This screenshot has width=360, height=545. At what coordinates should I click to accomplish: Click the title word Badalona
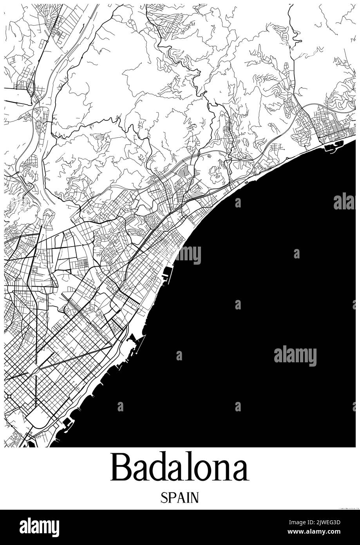(x=180, y=468)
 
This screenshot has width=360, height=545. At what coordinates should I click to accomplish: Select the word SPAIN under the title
(x=180, y=498)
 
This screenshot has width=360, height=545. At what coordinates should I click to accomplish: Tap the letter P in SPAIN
(x=172, y=498)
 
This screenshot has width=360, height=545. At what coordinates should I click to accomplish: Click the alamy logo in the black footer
(x=39, y=527)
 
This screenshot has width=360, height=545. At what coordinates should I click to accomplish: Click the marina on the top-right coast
(x=333, y=147)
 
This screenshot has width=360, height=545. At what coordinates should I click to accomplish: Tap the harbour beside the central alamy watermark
(x=167, y=274)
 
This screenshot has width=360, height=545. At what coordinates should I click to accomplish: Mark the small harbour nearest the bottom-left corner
(x=67, y=423)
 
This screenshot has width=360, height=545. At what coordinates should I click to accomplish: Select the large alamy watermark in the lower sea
(x=295, y=356)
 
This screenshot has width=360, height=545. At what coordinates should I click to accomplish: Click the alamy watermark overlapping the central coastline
(x=188, y=255)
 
